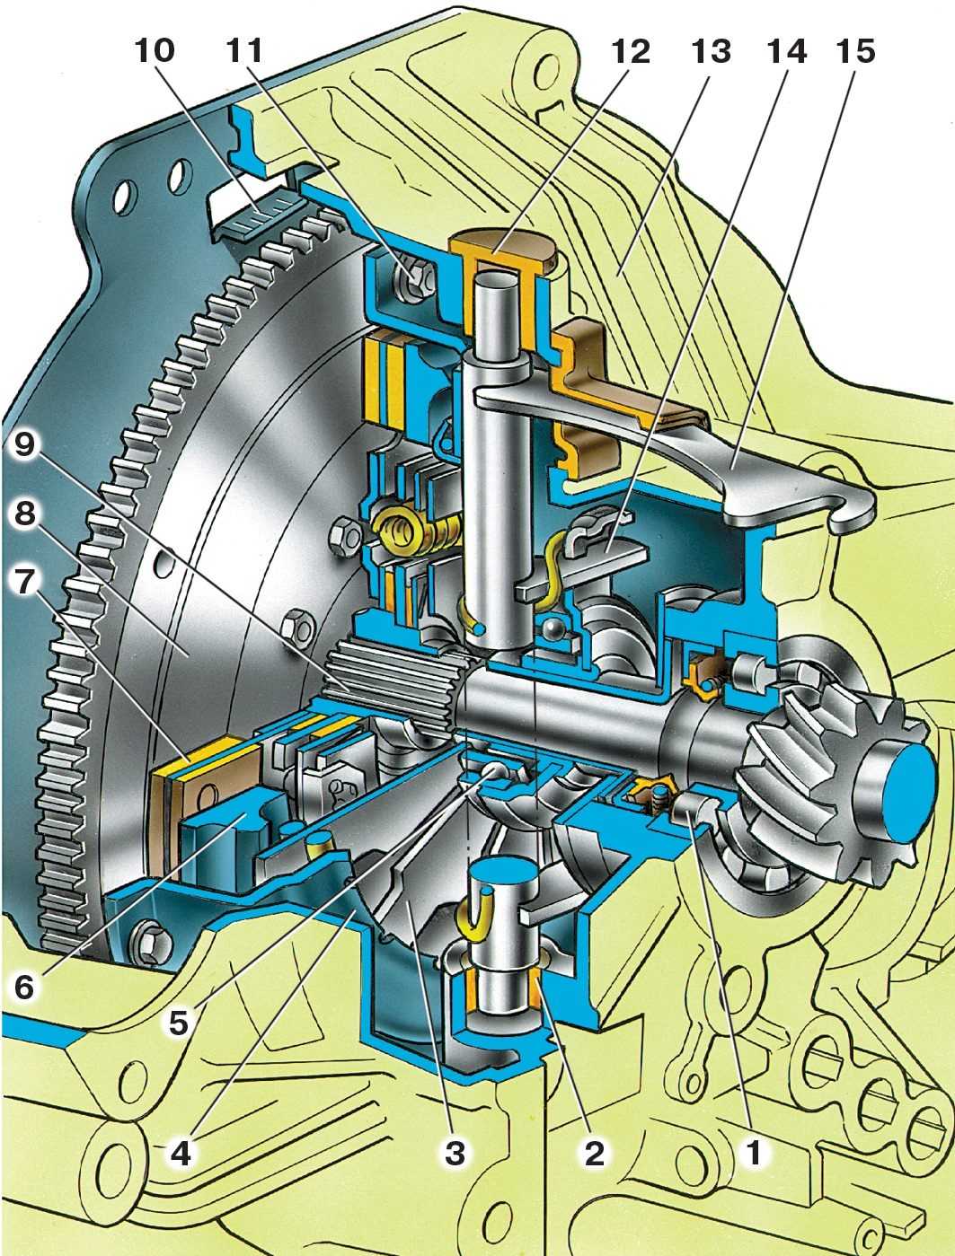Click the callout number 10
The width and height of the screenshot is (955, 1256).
155,51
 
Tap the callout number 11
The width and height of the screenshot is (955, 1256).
244,51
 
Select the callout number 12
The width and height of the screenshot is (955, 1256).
631,51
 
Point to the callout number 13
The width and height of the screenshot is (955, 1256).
712,51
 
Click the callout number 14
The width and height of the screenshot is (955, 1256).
787,51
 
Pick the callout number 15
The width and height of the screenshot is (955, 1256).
856,51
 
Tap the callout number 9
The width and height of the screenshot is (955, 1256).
23,444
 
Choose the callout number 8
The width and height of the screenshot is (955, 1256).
24,514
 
